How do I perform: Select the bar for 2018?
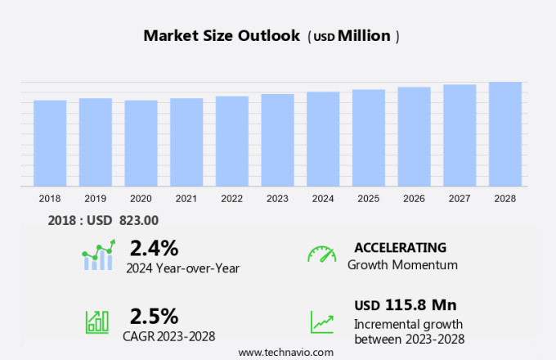(x=50, y=143)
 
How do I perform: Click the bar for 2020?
(x=141, y=143)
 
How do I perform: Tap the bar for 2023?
(x=277, y=140)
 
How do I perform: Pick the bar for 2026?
(x=414, y=137)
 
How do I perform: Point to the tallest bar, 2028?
(x=505, y=134)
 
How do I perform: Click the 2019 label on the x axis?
(x=95, y=198)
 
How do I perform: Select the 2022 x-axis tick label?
(x=231, y=198)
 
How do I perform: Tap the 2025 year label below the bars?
(x=368, y=198)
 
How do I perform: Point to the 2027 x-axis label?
(x=460, y=198)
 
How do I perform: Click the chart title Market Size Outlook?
(x=222, y=36)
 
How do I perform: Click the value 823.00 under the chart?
(x=139, y=219)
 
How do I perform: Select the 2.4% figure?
(x=154, y=247)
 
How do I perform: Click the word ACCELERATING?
(x=400, y=247)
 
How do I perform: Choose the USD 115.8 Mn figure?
(x=405, y=305)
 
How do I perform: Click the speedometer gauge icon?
(x=321, y=254)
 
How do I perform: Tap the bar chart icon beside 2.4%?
(x=99, y=255)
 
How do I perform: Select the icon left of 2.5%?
(x=97, y=322)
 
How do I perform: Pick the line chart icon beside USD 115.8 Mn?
(x=321, y=322)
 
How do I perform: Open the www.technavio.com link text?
(x=285, y=352)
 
